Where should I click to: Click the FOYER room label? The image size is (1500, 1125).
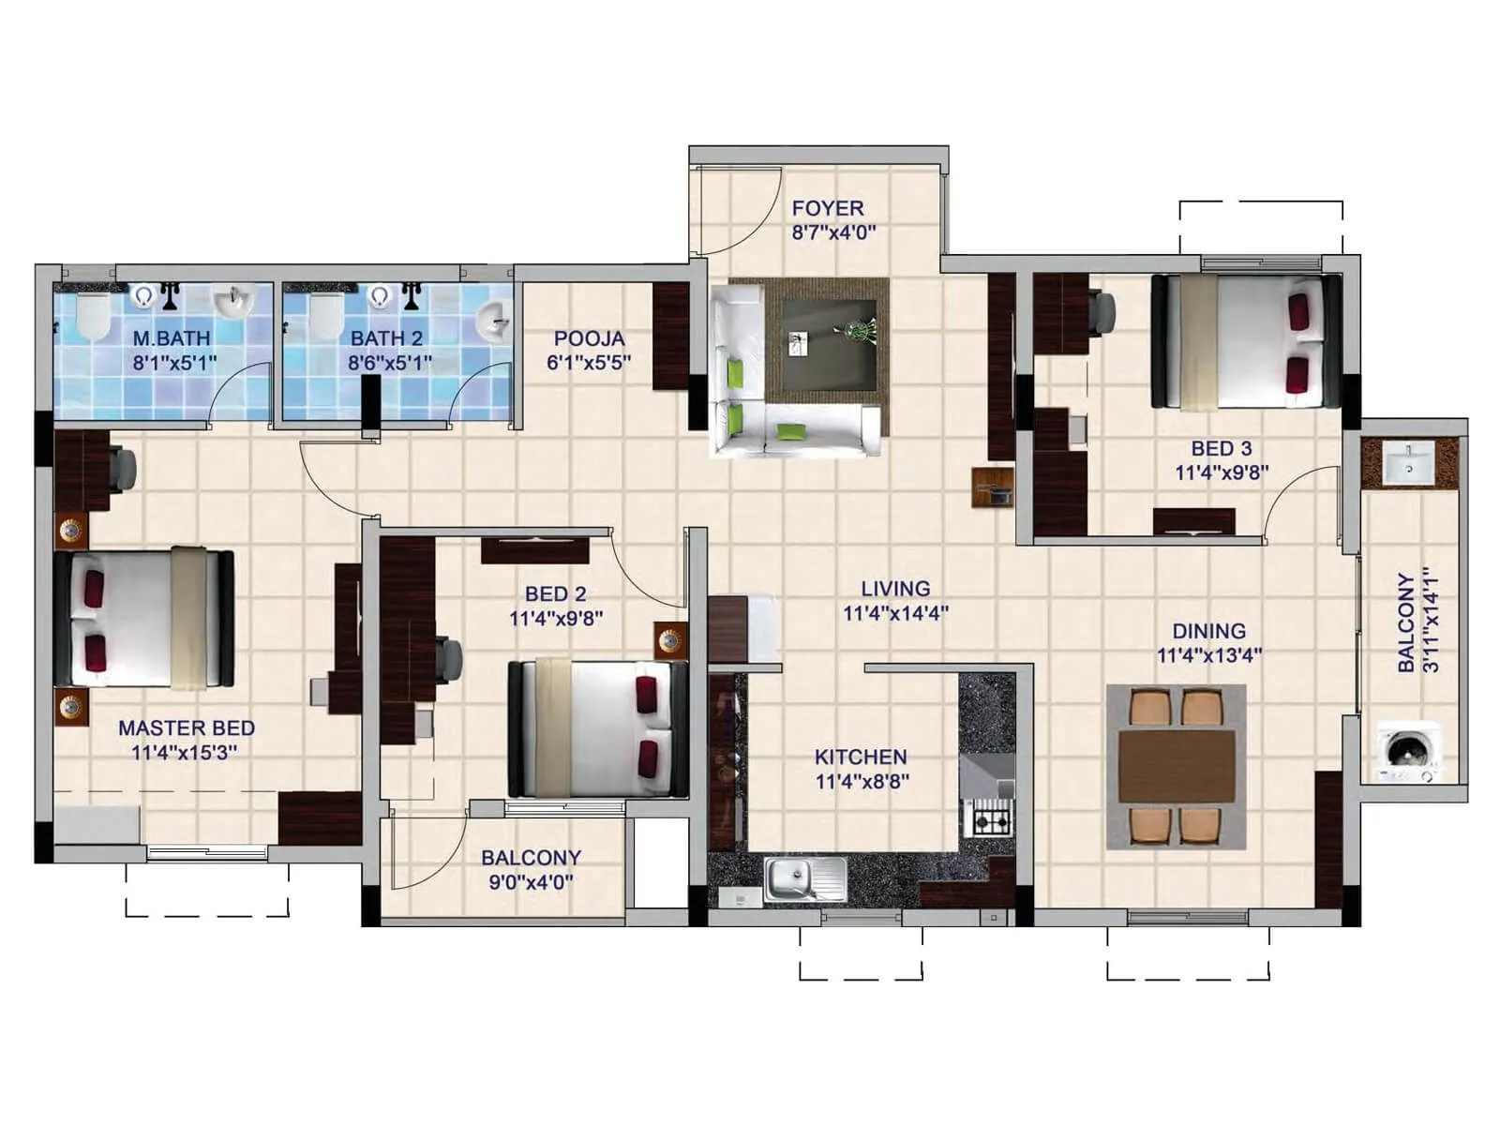pos(827,208)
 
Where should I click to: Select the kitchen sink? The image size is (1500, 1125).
pos(804,879)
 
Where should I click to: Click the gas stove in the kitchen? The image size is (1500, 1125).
pos(990,821)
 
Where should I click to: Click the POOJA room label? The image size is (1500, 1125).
pos(589,338)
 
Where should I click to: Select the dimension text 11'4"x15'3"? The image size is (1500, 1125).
pos(184,752)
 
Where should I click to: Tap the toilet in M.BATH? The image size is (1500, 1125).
pos(92,316)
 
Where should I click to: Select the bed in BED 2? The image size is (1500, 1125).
pos(597,727)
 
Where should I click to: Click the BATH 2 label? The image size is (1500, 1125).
pos(386,338)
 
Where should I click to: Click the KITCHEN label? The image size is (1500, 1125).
pos(860,757)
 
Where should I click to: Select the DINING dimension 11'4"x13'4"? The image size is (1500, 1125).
pos(1208,655)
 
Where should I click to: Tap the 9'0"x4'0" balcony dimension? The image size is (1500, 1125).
pos(531,882)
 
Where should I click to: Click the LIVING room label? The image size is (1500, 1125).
pos(895,589)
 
